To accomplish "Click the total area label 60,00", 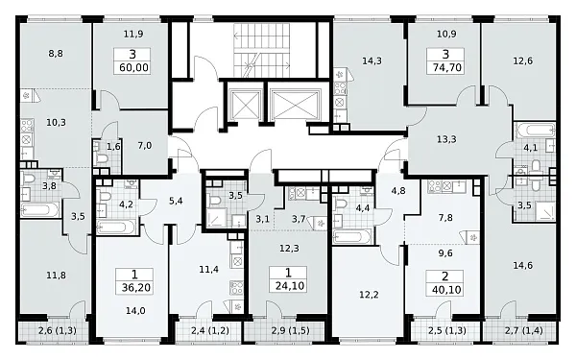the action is point(133,67).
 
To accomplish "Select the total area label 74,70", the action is point(446,67).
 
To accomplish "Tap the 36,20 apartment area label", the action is point(136,287).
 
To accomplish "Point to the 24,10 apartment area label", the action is point(290,285).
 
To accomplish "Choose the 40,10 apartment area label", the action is point(446,290).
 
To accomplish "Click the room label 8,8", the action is point(56,54).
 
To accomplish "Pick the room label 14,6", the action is point(523,265).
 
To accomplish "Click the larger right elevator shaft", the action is point(295,104).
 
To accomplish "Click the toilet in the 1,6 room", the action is point(102,158).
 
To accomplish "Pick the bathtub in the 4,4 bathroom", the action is point(351,236).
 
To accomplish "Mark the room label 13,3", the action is point(446,139).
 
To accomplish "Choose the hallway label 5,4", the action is point(176,201).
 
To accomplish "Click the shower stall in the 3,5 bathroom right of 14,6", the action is point(544,209).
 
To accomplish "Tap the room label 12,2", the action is point(369,295).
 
